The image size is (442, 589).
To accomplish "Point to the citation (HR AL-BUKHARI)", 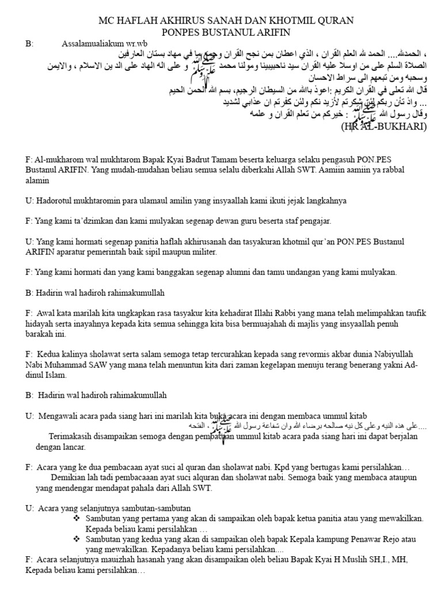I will point(384,126).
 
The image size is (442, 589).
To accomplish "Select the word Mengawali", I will point(59,416).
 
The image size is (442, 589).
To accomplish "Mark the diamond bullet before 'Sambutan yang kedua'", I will point(76,540).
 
